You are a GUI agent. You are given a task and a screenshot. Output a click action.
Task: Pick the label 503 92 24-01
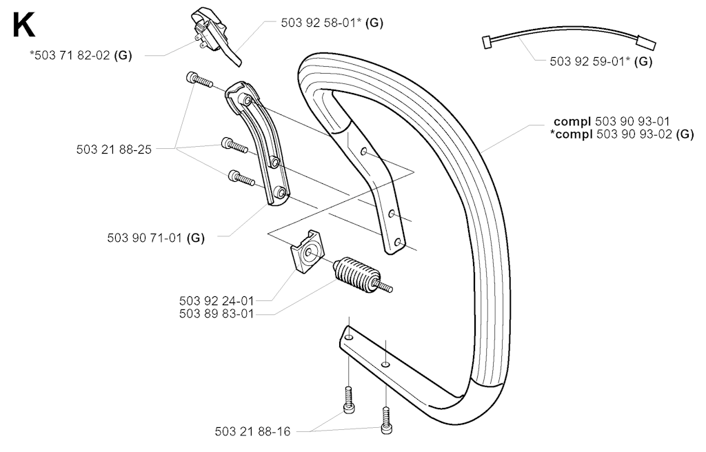point(216,300)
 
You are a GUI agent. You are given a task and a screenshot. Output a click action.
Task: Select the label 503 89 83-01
point(216,314)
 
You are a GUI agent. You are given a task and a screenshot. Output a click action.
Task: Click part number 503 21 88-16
point(252,432)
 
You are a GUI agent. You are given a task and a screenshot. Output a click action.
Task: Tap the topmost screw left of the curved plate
point(200,80)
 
